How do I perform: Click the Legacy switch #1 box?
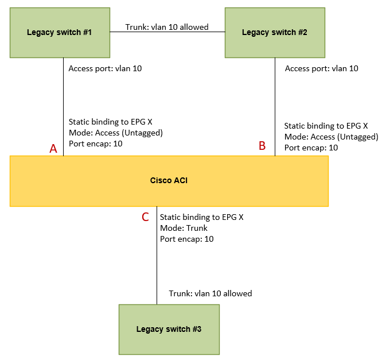pos(60,33)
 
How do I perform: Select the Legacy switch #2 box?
pos(275,33)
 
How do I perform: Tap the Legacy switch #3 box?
pos(169,329)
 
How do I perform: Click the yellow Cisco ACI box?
pos(86,181)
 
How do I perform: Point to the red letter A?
pos(53,149)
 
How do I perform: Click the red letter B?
pos(262,146)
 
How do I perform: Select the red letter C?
pos(145,217)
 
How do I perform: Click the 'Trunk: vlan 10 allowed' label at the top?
pos(167,26)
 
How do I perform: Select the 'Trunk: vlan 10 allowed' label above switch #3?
pos(210,293)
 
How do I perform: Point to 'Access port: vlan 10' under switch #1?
pos(105,68)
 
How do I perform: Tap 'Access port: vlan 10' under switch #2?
pos(321,68)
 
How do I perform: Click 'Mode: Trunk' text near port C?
pos(184,228)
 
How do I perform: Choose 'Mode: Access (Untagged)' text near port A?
pos(116,133)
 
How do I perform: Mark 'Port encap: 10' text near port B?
pos(311,148)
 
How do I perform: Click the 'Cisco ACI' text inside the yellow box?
pos(169,180)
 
